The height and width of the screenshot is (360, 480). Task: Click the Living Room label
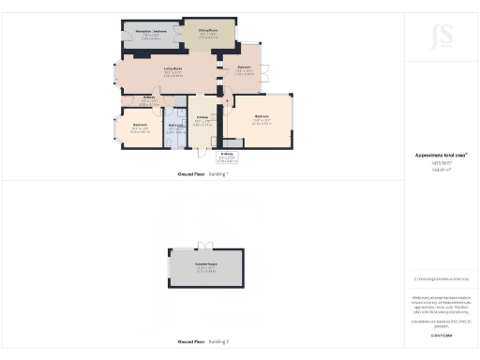click(172, 68)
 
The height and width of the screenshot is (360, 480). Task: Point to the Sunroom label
click(243, 69)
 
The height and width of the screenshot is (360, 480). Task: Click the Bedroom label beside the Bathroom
click(140, 125)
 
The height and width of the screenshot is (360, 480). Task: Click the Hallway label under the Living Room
click(149, 98)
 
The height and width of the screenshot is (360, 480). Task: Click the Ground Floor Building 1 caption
click(203, 174)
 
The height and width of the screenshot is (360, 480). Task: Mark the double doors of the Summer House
click(206, 247)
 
